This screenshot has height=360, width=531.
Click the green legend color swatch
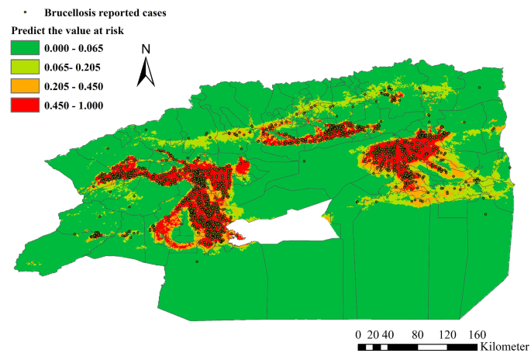24,49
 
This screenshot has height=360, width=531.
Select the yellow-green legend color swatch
24,67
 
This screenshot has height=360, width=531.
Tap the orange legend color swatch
24,86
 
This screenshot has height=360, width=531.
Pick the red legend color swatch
24,105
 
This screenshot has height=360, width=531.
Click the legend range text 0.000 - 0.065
74,49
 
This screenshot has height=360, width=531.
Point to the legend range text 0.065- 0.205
73,67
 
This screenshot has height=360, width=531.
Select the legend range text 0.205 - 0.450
74,86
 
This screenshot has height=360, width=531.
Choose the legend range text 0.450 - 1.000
74,105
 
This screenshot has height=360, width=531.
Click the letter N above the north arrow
146,50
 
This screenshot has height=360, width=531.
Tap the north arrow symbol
146,74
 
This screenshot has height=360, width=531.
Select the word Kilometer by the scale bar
505,346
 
